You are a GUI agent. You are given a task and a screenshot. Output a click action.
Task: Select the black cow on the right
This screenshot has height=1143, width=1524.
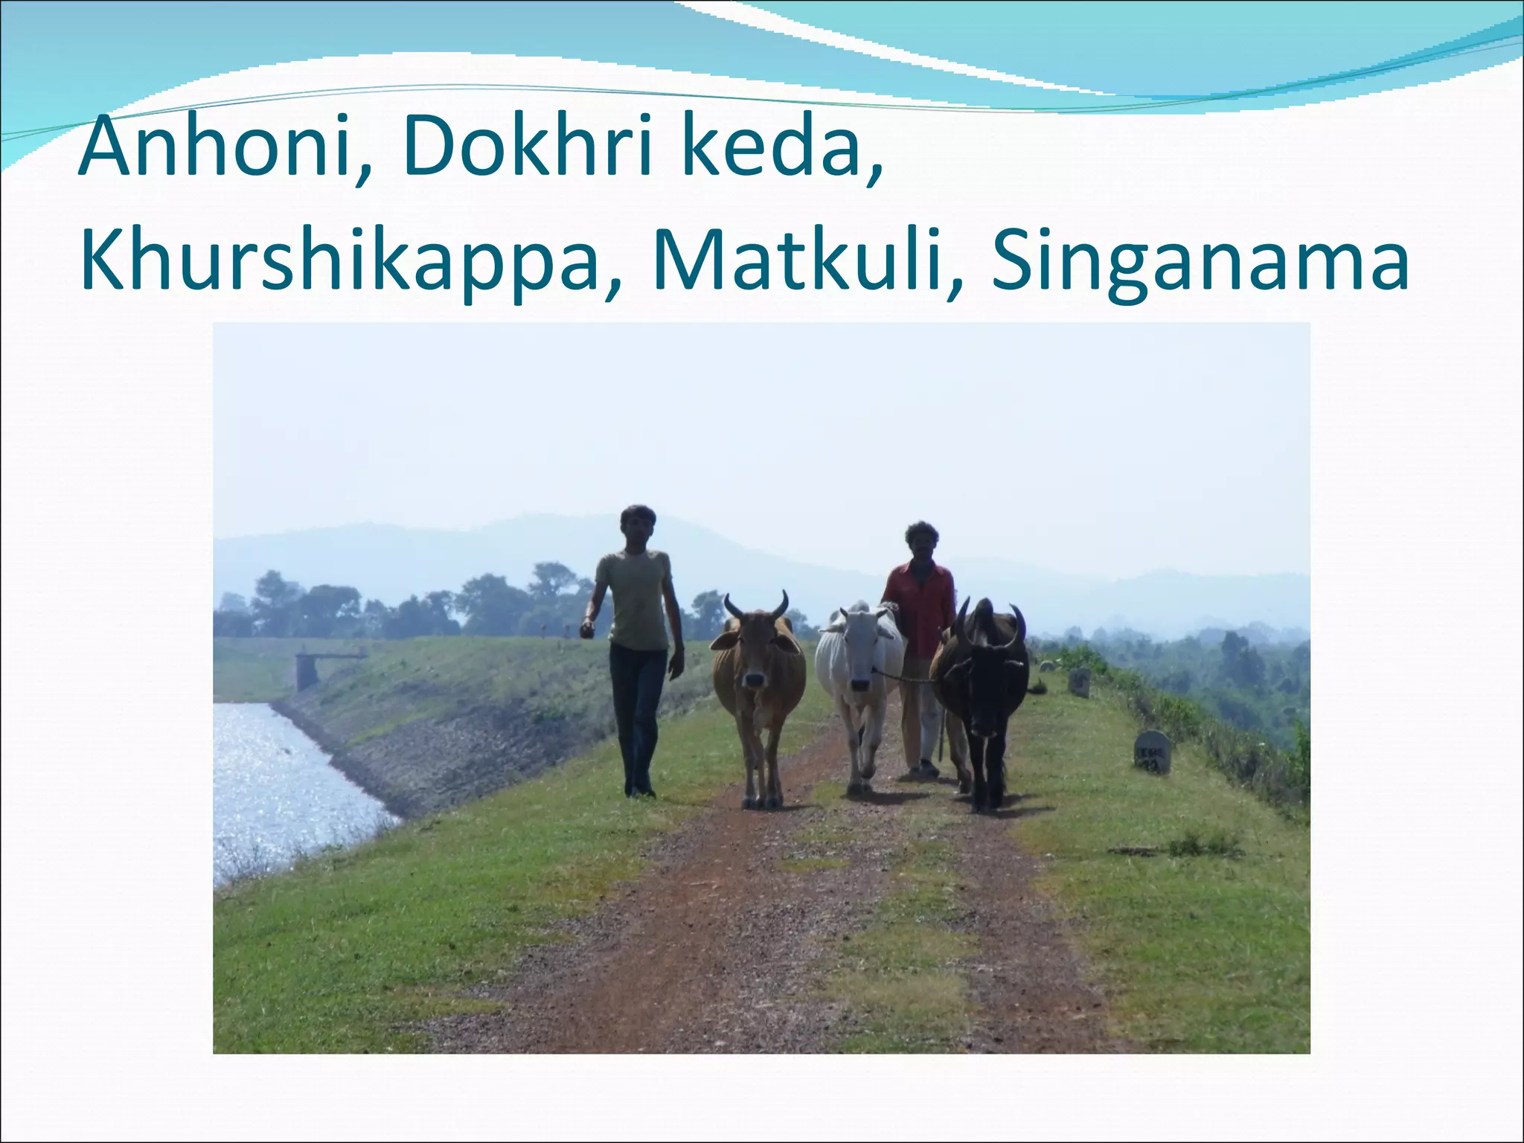(982, 685)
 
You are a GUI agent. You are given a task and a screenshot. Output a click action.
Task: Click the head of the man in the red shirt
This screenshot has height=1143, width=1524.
(921, 540)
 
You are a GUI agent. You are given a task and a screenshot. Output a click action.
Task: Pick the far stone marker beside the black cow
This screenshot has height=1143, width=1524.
(1079, 681)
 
